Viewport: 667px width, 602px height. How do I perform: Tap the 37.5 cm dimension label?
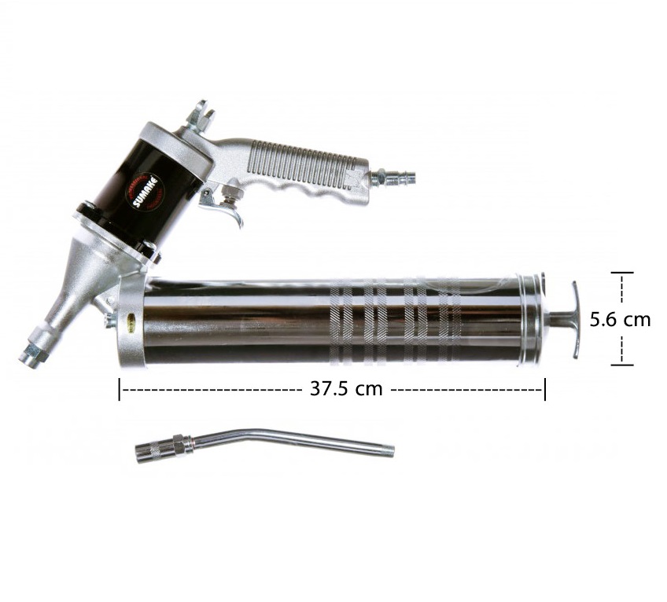(x=346, y=388)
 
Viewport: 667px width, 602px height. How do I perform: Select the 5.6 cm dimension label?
(x=621, y=320)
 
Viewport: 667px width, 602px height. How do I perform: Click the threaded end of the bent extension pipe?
(x=388, y=450)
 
